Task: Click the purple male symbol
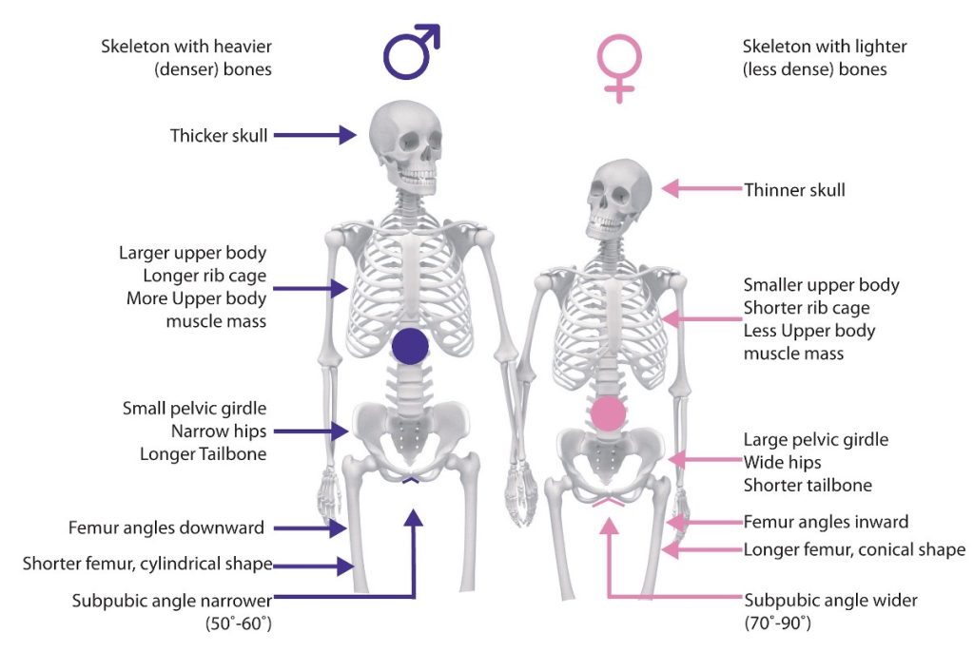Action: pyautogui.click(x=410, y=53)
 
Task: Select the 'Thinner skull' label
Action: pyautogui.click(x=794, y=190)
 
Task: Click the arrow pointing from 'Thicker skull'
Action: pyautogui.click(x=314, y=136)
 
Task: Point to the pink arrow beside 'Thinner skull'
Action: pyautogui.click(x=701, y=189)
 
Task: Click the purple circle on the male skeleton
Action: pyautogui.click(x=410, y=345)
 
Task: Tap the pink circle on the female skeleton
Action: pyautogui.click(x=608, y=415)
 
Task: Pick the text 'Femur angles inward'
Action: pyautogui.click(x=826, y=522)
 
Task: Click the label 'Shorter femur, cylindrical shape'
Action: pyautogui.click(x=147, y=565)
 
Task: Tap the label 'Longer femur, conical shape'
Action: pyautogui.click(x=854, y=549)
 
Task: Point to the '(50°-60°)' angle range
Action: pyautogui.click(x=239, y=623)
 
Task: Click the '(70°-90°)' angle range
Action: pyautogui.click(x=777, y=623)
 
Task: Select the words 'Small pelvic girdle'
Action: pyautogui.click(x=194, y=409)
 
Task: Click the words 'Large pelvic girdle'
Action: pyautogui.click(x=815, y=440)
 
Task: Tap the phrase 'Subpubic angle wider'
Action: pyautogui.click(x=830, y=601)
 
